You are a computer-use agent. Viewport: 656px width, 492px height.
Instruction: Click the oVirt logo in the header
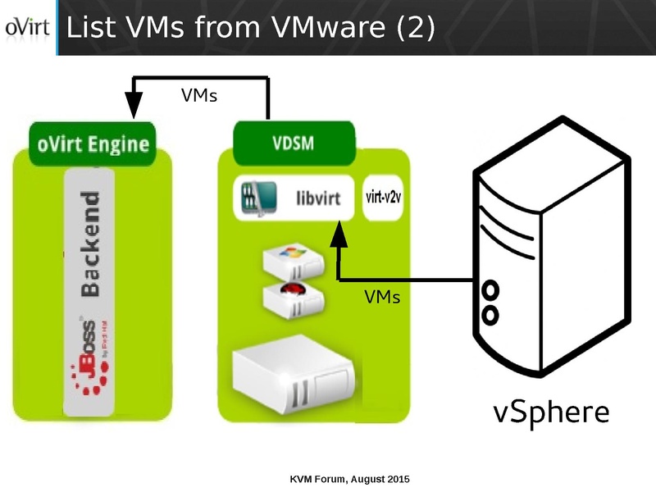28,28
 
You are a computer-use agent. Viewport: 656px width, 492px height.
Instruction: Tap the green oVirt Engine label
93,145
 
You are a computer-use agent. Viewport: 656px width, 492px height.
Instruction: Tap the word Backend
89,244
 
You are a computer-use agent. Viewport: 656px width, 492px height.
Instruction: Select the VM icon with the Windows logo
292,260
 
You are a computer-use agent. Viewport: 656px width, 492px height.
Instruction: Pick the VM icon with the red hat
292,298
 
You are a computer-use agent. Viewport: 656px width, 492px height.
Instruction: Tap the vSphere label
551,411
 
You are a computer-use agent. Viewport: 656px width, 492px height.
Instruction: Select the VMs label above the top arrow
198,96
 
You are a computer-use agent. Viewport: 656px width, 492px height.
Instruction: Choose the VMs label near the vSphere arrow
382,297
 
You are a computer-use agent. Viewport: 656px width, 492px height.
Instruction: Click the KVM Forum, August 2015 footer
350,478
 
